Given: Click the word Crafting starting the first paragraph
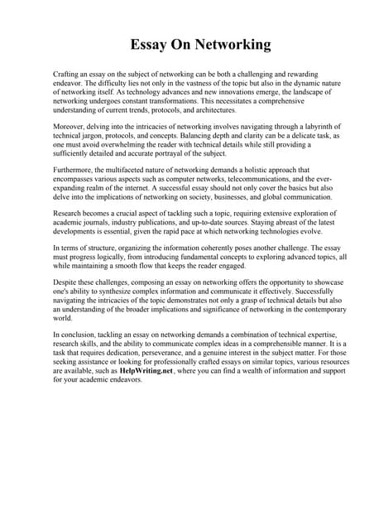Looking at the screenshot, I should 67,75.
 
